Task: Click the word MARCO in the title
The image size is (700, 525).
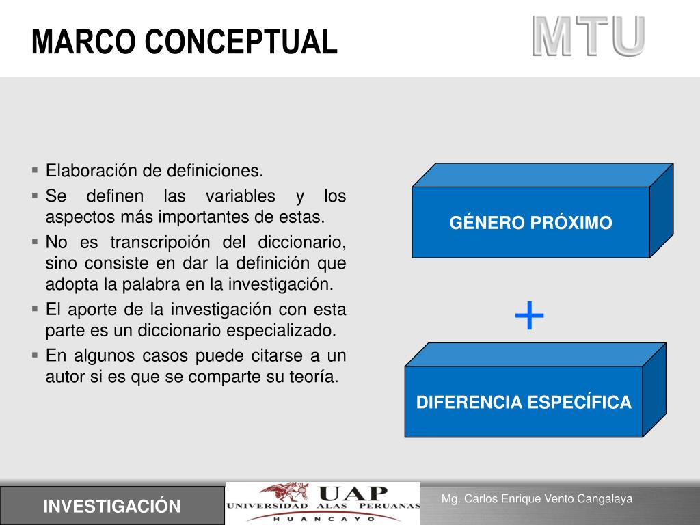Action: click(83, 42)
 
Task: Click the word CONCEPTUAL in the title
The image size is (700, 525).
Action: click(241, 42)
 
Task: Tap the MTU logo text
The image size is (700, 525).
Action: click(589, 37)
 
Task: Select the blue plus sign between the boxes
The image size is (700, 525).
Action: click(530, 316)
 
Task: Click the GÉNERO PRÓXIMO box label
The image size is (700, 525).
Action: click(530, 222)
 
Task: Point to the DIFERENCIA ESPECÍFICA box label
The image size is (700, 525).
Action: click(524, 402)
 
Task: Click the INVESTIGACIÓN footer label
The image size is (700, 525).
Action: click(112, 507)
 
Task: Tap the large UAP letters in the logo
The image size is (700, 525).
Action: click(353, 494)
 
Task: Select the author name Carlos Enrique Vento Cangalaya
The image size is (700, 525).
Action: click(549, 498)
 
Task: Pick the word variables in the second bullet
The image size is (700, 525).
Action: click(240, 196)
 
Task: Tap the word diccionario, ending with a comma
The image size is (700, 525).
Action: click(301, 243)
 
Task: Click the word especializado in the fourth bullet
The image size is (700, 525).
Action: click(281, 331)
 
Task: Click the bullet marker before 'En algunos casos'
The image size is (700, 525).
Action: click(36, 355)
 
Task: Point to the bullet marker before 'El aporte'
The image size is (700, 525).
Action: click(36, 309)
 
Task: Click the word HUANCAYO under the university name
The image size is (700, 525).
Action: click(324, 520)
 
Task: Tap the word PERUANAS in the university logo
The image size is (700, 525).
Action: click(389, 507)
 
